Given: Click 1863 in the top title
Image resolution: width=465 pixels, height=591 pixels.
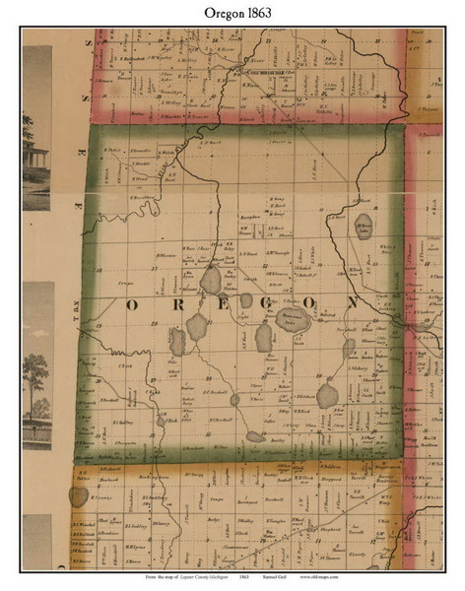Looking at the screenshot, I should [x=254, y=14].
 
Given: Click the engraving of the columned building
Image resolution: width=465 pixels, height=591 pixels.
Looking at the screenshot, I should [x=37, y=158].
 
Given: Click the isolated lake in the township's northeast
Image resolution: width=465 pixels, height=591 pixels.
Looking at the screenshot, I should [x=363, y=228].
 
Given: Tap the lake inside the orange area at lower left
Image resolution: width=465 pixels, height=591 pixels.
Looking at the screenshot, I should [x=78, y=496].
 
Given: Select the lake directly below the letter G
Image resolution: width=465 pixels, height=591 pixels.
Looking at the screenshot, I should [x=264, y=338].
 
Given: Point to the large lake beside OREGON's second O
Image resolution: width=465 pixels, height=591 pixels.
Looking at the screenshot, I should [x=292, y=318].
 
